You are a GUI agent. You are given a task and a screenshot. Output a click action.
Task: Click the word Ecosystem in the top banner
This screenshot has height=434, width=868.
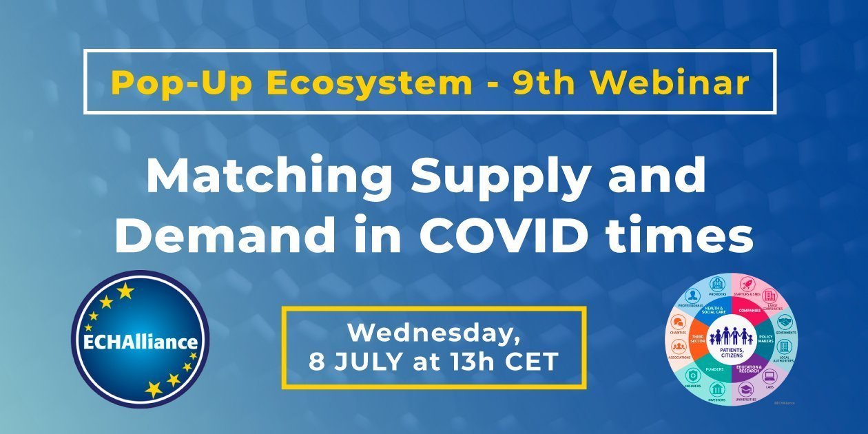[x=360, y=83]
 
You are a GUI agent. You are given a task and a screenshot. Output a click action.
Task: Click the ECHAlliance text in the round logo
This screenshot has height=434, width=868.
[x=140, y=342]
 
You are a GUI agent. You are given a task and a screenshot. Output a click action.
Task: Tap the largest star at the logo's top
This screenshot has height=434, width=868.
[x=125, y=291]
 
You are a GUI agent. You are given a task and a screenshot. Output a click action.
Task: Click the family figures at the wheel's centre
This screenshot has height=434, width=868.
[x=732, y=335]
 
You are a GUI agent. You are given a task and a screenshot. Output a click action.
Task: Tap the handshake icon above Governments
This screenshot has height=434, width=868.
[x=785, y=322]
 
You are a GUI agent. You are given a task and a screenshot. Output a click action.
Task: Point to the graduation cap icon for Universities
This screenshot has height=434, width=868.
[x=747, y=389]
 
